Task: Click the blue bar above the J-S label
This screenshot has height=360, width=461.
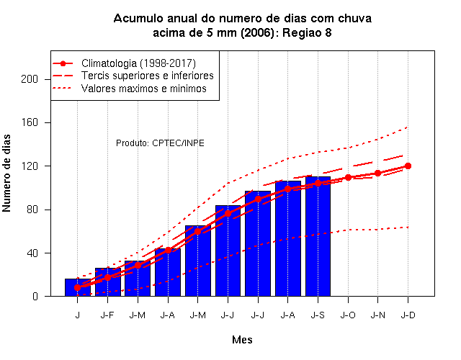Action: tap(318, 236)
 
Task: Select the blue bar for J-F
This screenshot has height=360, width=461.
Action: tap(107, 282)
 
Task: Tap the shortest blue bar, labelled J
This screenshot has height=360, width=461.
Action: tap(78, 287)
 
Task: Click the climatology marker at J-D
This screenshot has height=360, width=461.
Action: tap(408, 166)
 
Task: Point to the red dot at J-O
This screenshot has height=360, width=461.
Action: tap(348, 178)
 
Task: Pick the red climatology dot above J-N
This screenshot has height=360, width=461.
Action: tap(377, 174)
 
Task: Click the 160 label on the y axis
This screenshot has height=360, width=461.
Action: tap(30, 122)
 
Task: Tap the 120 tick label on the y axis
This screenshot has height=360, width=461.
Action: tap(30, 166)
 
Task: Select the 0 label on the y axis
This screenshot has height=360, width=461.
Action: tap(35, 296)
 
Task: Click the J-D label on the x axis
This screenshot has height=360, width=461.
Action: tap(408, 315)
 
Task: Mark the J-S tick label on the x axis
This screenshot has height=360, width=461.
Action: tap(318, 315)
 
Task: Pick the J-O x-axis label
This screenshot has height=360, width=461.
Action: tap(348, 315)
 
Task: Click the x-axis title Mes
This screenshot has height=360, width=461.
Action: tap(242, 340)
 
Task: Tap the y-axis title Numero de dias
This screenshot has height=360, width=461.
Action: tap(6, 173)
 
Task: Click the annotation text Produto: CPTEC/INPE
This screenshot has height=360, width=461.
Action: tap(160, 143)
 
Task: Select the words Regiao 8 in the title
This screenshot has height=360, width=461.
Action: tap(307, 32)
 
